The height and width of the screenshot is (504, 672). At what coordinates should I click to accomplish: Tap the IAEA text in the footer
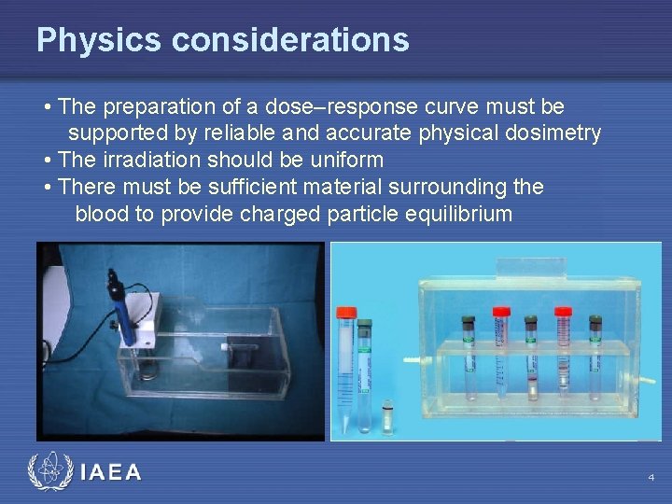tap(111, 472)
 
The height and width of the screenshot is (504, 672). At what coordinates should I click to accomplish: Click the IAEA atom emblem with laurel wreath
tap(48, 472)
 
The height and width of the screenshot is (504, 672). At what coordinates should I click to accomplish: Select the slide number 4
tap(651, 478)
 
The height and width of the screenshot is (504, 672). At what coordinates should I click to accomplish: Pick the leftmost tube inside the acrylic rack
tap(468, 359)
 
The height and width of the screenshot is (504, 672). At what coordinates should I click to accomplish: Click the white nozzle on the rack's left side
tap(411, 359)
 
